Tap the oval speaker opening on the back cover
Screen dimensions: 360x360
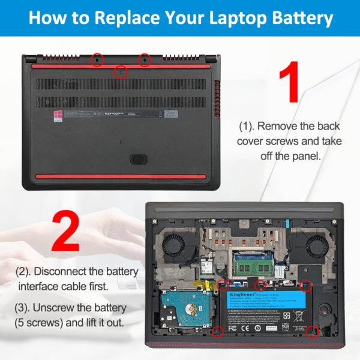(x=139, y=160)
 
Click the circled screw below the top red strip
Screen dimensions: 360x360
(x=120, y=73)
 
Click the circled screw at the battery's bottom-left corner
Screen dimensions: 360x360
(x=217, y=331)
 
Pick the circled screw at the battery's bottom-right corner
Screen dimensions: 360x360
(x=312, y=331)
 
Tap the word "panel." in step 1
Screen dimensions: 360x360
(x=306, y=155)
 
